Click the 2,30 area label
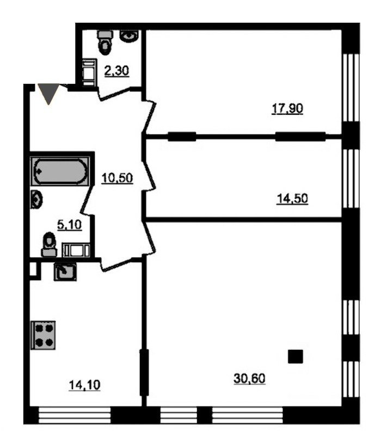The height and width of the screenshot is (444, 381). click(x=116, y=71)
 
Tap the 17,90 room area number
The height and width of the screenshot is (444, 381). click(x=287, y=108)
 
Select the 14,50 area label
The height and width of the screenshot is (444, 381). click(x=292, y=199)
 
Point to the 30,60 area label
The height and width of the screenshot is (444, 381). click(x=249, y=379)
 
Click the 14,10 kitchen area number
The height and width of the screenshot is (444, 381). click(x=84, y=385)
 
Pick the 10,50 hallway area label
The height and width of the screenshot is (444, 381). click(x=117, y=178)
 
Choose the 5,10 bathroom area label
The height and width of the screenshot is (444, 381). click(x=70, y=225)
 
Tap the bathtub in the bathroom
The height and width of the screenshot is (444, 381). click(x=60, y=171)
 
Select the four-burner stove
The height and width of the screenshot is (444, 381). click(x=43, y=335)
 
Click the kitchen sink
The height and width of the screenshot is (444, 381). click(x=65, y=272)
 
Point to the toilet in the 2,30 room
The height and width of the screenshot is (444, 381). click(x=105, y=42)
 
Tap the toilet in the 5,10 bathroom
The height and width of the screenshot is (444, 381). click(x=50, y=245)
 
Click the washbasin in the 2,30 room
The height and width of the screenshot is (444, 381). click(x=129, y=36)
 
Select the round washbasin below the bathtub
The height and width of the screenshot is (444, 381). click(x=36, y=200)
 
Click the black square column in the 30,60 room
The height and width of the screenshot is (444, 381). click(x=296, y=356)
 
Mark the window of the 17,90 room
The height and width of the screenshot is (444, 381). click(x=351, y=88)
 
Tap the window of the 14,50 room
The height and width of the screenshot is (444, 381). click(x=351, y=179)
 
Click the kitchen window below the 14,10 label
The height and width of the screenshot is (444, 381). click(x=74, y=415)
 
